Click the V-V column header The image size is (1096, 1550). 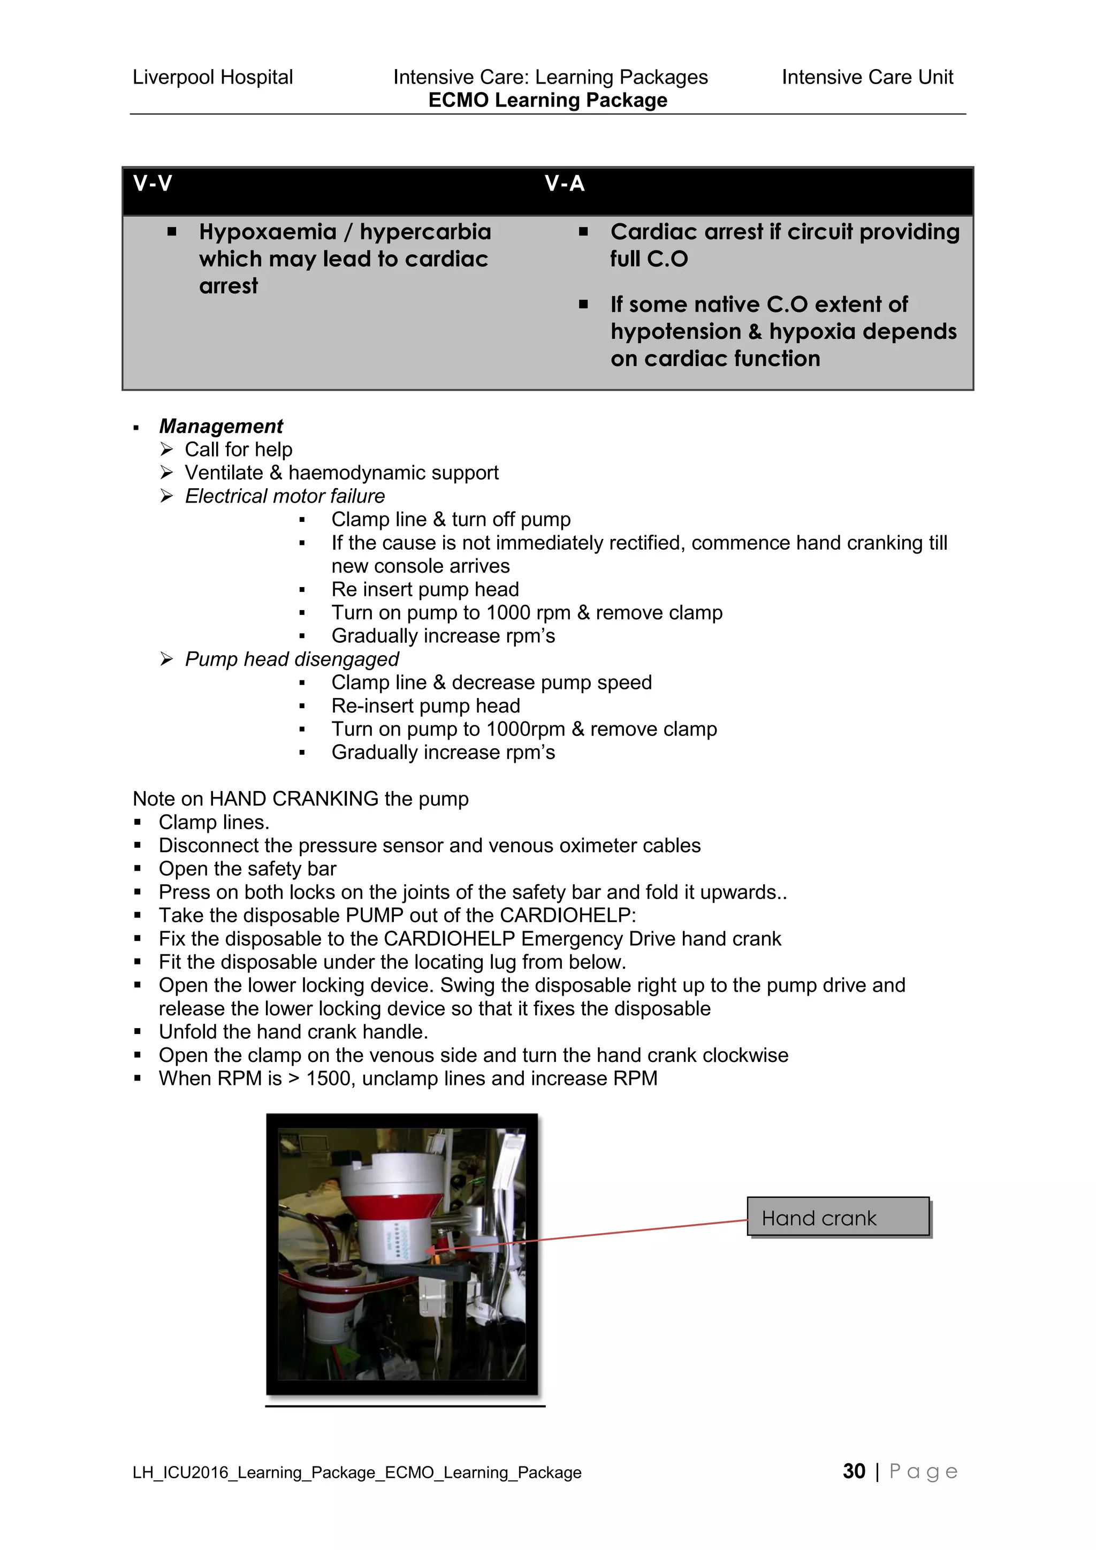(153, 184)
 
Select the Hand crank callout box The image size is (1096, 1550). (838, 1217)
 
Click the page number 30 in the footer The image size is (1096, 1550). (854, 1471)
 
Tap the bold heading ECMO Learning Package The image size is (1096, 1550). (547, 100)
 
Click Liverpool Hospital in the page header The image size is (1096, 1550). (212, 77)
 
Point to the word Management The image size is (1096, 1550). (220, 426)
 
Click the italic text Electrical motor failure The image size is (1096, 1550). (285, 496)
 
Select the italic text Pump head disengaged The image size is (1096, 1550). (292, 659)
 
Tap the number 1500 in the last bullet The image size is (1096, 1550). (328, 1078)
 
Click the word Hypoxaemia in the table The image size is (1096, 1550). (267, 232)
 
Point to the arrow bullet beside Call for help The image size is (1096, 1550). (166, 449)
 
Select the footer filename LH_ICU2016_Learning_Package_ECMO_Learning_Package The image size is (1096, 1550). (357, 1472)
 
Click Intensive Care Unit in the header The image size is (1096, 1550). (867, 77)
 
